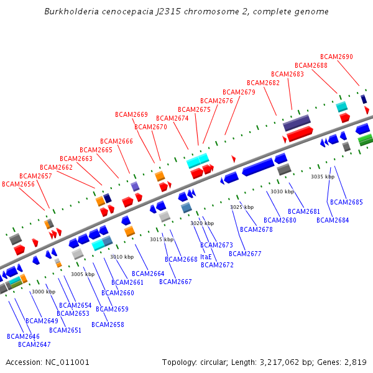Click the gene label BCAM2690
click(x=336, y=57)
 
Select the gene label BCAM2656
click(x=18, y=184)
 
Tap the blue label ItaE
click(x=206, y=257)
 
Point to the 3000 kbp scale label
click(x=44, y=292)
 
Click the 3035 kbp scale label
click(x=323, y=177)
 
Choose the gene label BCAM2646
click(x=23, y=336)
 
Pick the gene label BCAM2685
click(x=346, y=202)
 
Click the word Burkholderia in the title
click(x=70, y=12)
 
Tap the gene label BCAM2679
click(x=239, y=92)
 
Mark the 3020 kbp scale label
click(x=202, y=223)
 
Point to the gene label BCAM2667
click(x=175, y=282)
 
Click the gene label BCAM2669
click(x=131, y=114)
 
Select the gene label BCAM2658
click(x=108, y=325)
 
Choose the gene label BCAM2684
click(x=333, y=220)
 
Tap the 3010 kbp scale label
click(x=122, y=257)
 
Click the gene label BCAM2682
click(x=263, y=83)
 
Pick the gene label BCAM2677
click(x=245, y=254)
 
